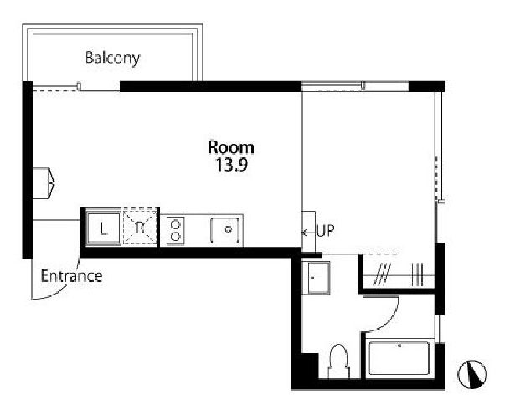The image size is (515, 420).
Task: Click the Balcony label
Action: pyautogui.click(x=113, y=59)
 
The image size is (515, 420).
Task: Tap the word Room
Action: pyautogui.click(x=231, y=147)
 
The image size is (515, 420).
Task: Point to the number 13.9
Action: pyautogui.click(x=231, y=165)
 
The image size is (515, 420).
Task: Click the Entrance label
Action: pyautogui.click(x=71, y=276)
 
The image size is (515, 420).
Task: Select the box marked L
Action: pyautogui.click(x=103, y=228)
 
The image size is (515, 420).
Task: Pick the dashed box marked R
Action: pyautogui.click(x=140, y=228)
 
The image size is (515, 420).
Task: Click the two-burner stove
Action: pyautogui.click(x=175, y=230)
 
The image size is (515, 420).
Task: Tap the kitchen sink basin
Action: pyautogui.click(x=224, y=230)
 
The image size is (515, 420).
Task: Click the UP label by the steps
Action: pyautogui.click(x=326, y=231)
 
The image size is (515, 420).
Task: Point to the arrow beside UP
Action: pyautogui.click(x=308, y=233)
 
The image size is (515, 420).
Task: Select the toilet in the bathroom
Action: pyautogui.click(x=338, y=361)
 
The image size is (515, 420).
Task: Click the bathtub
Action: pyautogui.click(x=399, y=358)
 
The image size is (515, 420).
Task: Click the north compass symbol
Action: pyautogui.click(x=472, y=374)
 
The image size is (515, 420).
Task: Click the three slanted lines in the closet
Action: pyautogui.click(x=383, y=274)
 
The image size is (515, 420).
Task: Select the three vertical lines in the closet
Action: pyautogui.click(x=417, y=274)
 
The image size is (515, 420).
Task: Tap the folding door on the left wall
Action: pyautogui.click(x=44, y=183)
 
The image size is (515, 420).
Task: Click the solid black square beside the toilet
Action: pyautogui.click(x=310, y=366)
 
